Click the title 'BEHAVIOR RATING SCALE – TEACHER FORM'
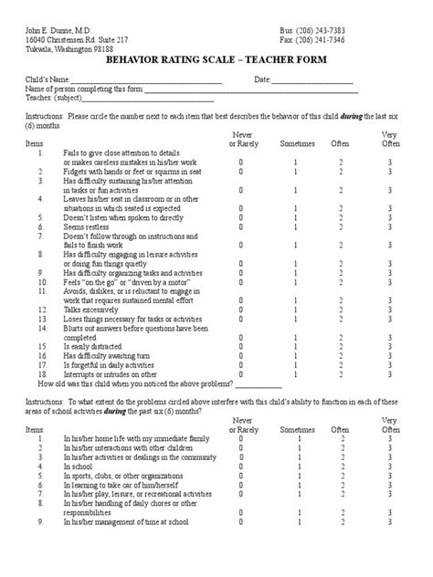tap(216, 57)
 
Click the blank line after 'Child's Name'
tap(146, 82)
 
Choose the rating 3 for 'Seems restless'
tap(390, 227)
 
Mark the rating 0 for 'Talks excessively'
tap(241, 310)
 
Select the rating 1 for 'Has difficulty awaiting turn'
tap(295, 356)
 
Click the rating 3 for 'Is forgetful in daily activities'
tap(390, 365)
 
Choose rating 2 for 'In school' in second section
tap(340, 467)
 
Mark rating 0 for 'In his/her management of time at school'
tap(241, 523)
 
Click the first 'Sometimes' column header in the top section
tap(296, 144)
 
